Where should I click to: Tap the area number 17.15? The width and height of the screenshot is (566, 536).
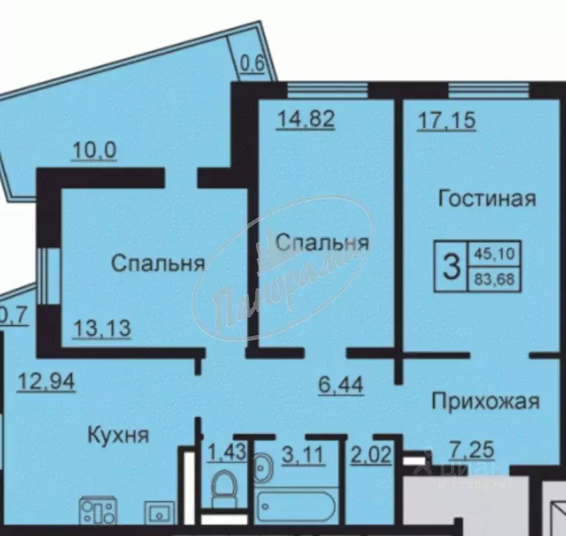pyautogui.click(x=446, y=119)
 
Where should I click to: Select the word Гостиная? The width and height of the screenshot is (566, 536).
pyautogui.click(x=487, y=198)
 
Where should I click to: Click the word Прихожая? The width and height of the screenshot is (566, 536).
pyautogui.click(x=485, y=401)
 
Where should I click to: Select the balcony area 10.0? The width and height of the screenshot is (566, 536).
pyautogui.click(x=94, y=150)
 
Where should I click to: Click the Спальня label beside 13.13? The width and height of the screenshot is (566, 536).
pyautogui.click(x=158, y=263)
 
